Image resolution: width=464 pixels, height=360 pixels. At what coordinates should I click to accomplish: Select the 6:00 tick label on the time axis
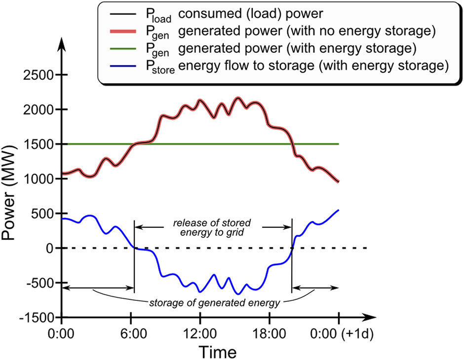coord(130,333)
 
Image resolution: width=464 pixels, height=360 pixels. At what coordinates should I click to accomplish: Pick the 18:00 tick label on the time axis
coord(269,333)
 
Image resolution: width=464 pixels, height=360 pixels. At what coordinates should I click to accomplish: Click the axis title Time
coord(218,351)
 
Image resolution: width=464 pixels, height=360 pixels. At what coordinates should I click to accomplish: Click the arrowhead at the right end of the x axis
coord(368,317)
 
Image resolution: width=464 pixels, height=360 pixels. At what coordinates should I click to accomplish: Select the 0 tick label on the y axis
coord(49,248)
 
